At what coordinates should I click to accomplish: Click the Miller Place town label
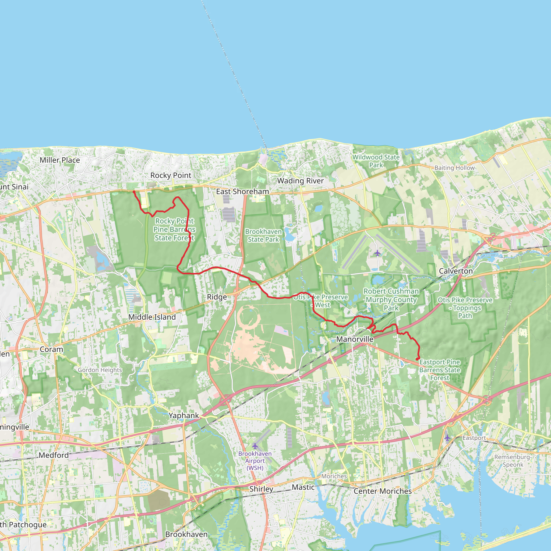[60, 160]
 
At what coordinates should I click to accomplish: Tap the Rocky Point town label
[171, 175]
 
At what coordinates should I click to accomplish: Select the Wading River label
[300, 181]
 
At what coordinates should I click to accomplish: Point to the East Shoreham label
[242, 192]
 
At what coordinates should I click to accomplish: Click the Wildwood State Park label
[376, 161]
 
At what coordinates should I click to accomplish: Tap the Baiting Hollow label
[454, 168]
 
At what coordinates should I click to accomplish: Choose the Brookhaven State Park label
[263, 236]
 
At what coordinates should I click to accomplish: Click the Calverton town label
[456, 271]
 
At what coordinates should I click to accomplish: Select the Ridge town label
[217, 297]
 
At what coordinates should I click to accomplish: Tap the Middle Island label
[152, 317]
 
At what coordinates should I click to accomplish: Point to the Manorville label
[355, 339]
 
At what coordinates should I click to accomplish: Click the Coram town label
[51, 349]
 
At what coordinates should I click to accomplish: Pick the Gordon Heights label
[100, 370]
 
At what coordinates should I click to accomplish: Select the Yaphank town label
[184, 415]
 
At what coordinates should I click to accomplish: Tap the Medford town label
[54, 455]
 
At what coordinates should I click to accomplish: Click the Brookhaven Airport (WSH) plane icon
[255, 446]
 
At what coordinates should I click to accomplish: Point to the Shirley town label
[261, 489]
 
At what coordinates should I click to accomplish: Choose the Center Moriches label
[383, 491]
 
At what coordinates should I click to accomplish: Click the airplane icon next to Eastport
[447, 438]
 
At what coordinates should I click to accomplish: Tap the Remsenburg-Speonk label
[513, 461]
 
